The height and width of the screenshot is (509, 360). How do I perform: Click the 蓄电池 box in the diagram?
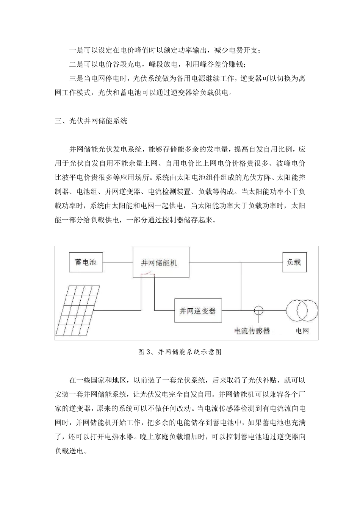(86, 262)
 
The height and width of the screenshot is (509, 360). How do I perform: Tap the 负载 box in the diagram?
(294, 262)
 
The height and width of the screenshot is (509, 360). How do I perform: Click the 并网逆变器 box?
(198, 311)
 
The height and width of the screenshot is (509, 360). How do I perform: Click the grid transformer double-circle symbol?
(302, 311)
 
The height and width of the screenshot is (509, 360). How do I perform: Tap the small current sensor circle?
(258, 311)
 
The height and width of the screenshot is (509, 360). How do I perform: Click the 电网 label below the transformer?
(302, 331)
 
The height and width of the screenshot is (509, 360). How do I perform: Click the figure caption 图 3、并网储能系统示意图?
(180, 352)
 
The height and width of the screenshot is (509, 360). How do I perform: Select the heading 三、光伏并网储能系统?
(91, 122)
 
